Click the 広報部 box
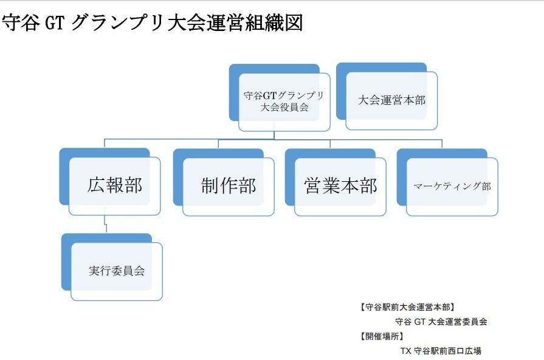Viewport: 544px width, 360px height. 115,185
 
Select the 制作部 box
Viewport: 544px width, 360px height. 229,186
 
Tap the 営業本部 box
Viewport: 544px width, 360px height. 340,186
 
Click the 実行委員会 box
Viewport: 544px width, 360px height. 117,271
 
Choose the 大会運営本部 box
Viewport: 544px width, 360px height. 391,100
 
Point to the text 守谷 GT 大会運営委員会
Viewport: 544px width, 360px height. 441,322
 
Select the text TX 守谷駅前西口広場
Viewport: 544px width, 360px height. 441,351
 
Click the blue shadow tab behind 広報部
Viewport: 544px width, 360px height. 64,176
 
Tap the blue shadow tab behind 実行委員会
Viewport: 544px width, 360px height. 66,261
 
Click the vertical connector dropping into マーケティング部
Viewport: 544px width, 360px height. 442,144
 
